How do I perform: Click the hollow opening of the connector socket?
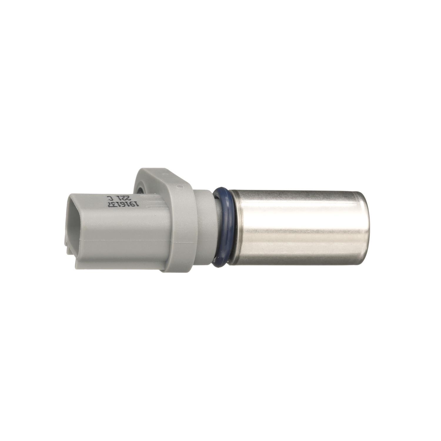tap(75, 223)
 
